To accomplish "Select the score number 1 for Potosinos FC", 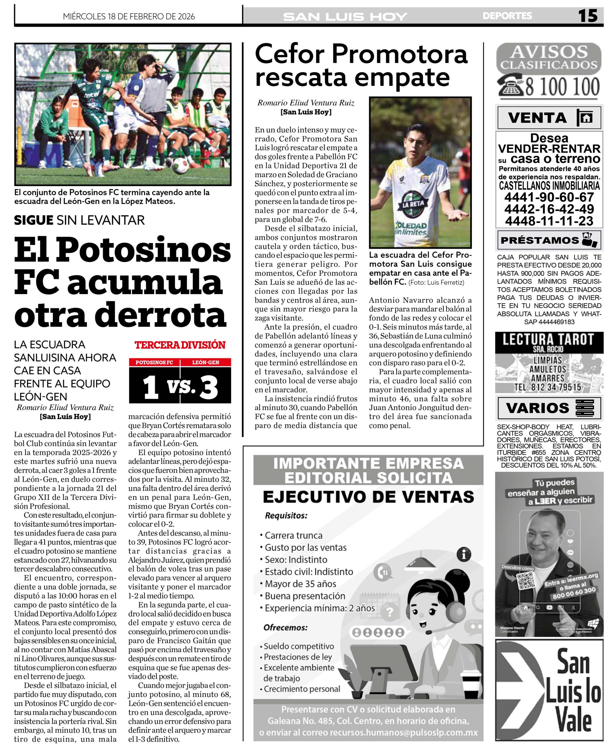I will [151, 387].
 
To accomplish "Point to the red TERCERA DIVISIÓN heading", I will [180, 345].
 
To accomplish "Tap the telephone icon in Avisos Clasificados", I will [510, 86].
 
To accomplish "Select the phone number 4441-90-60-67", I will [549, 197].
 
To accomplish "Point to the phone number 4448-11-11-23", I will [549, 221].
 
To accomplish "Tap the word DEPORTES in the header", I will [507, 16].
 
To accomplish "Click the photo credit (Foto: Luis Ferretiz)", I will [436, 282].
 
